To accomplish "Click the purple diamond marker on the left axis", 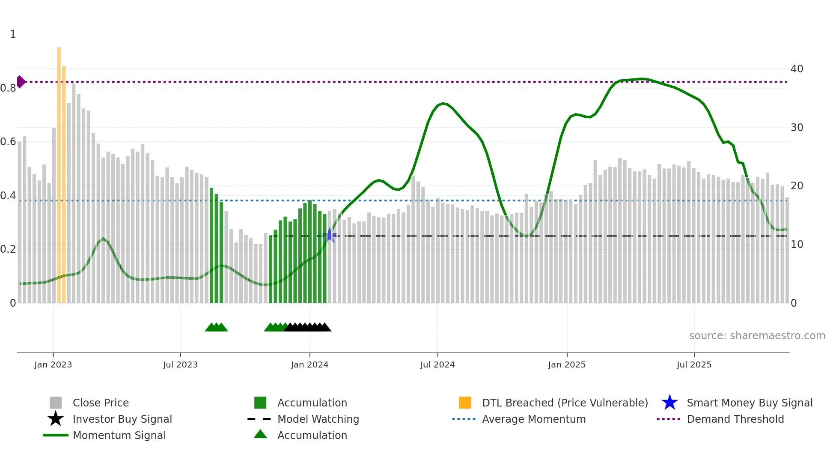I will (21, 81).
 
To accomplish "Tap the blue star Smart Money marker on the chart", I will (330, 235).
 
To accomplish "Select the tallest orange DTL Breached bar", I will (59, 171).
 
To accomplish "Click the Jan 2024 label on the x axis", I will (309, 365).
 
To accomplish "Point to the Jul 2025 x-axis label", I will (694, 365).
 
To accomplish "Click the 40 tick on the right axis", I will (797, 69).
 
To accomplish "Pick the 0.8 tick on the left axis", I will (9, 88).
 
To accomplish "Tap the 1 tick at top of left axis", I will (13, 34).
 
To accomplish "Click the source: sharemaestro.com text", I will (757, 336).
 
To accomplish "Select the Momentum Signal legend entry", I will (119, 435).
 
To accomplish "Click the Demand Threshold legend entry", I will (735, 419).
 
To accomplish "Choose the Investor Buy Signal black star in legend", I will (56, 419).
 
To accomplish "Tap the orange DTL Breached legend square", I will (465, 403).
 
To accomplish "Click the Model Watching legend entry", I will (318, 419).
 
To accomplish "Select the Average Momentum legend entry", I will (533, 419).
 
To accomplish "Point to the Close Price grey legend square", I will (56, 403).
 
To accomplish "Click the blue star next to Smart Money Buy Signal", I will (669, 403).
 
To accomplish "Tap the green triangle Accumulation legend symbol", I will (260, 434).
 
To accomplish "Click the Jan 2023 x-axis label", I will (53, 365).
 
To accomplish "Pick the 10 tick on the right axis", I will (797, 245).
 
